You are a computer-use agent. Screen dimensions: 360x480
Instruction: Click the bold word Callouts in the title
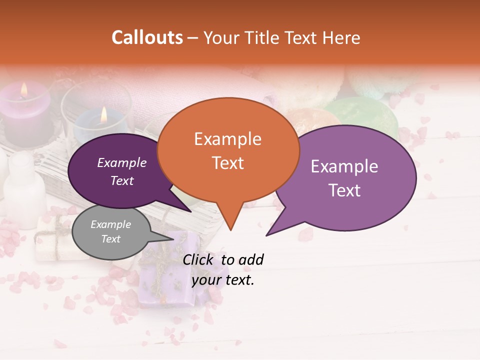(x=147, y=37)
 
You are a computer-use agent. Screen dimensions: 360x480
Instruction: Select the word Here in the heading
(x=341, y=37)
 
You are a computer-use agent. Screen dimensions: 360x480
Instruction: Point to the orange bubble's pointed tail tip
(x=230, y=230)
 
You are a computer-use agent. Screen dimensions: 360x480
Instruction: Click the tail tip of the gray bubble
(x=173, y=239)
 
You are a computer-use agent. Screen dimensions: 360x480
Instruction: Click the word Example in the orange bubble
(x=228, y=139)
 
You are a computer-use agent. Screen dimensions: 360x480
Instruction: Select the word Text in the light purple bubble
(x=344, y=190)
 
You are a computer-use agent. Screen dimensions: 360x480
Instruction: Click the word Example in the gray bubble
(x=111, y=224)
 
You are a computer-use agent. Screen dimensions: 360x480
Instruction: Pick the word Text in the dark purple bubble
(x=122, y=181)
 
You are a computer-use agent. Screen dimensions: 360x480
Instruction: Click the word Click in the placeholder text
(x=199, y=259)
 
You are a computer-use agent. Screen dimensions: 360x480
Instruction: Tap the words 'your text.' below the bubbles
(x=223, y=280)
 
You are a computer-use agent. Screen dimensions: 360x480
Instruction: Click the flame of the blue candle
(x=103, y=114)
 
